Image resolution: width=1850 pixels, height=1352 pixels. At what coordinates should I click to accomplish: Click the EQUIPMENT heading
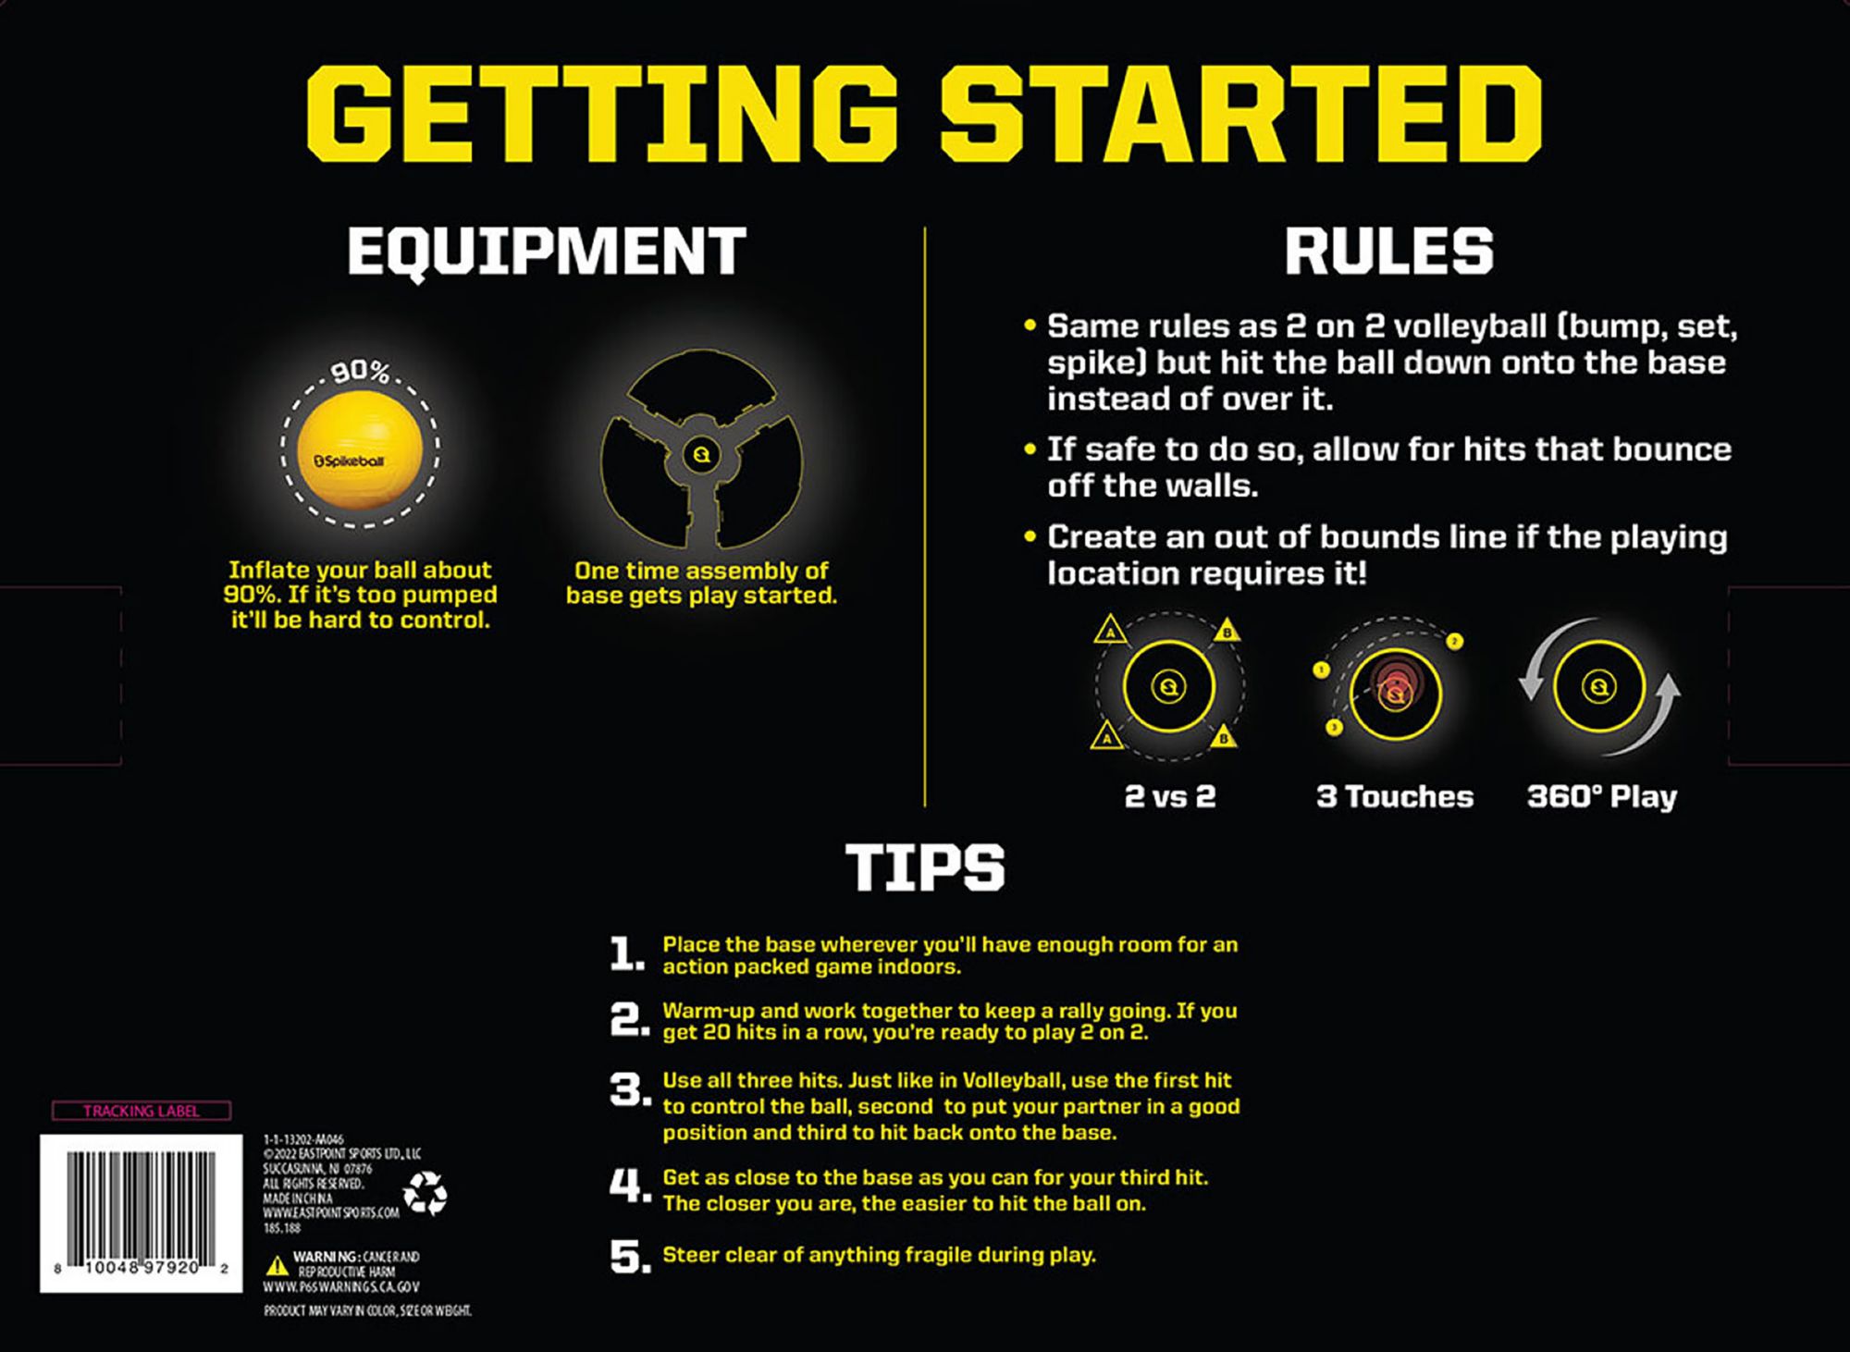coord(546,251)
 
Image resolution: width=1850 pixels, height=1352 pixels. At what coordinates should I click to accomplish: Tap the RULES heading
coord(1388,251)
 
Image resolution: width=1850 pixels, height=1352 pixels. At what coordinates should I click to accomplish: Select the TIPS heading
coord(924,867)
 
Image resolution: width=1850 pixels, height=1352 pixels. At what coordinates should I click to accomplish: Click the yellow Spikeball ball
coord(360,451)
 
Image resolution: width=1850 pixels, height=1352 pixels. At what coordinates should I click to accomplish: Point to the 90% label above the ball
coord(360,372)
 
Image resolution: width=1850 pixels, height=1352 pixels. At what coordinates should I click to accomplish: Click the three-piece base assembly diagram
coord(701,453)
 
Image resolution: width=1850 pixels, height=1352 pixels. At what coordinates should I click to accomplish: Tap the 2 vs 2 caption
coord(1169,796)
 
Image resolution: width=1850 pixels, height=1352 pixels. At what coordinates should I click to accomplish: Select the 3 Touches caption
coord(1394,796)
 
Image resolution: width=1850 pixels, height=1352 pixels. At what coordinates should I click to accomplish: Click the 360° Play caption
coord(1601,796)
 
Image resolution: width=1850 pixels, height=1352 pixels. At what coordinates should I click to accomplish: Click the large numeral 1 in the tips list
coord(627,955)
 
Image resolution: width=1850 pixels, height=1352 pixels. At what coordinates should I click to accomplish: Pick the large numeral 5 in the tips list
coord(630,1257)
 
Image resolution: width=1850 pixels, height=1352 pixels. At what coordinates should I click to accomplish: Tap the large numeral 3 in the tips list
coord(630,1091)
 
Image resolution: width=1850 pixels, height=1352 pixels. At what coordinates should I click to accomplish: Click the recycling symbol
coord(425,1193)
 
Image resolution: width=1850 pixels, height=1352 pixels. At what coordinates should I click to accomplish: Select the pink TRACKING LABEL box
coord(141,1111)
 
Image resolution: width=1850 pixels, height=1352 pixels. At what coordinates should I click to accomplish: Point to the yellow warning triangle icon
coord(277,1265)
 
